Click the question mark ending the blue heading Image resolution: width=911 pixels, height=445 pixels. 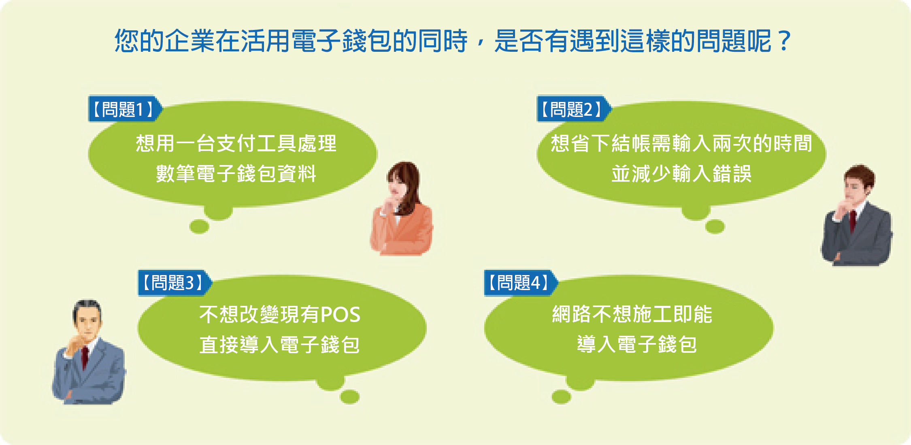(785, 41)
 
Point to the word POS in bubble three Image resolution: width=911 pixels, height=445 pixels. (340, 315)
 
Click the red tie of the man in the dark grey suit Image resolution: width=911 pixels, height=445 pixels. (853, 220)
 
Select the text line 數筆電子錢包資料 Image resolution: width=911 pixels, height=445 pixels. (236, 174)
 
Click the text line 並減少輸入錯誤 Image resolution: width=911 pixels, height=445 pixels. (681, 174)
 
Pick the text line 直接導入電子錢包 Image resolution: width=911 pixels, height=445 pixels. (279, 345)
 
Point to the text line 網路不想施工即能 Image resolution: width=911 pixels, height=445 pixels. (632, 314)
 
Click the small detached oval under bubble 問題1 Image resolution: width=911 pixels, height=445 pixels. (199, 227)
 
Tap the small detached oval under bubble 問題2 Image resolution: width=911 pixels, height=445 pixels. (715, 227)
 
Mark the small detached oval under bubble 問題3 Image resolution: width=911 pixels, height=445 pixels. (350, 397)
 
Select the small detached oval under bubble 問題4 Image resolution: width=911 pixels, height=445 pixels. (561, 397)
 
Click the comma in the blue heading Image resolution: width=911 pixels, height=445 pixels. (480, 42)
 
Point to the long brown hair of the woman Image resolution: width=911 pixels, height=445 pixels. (409, 186)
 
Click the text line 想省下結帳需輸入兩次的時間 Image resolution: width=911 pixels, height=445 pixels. (681, 143)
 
